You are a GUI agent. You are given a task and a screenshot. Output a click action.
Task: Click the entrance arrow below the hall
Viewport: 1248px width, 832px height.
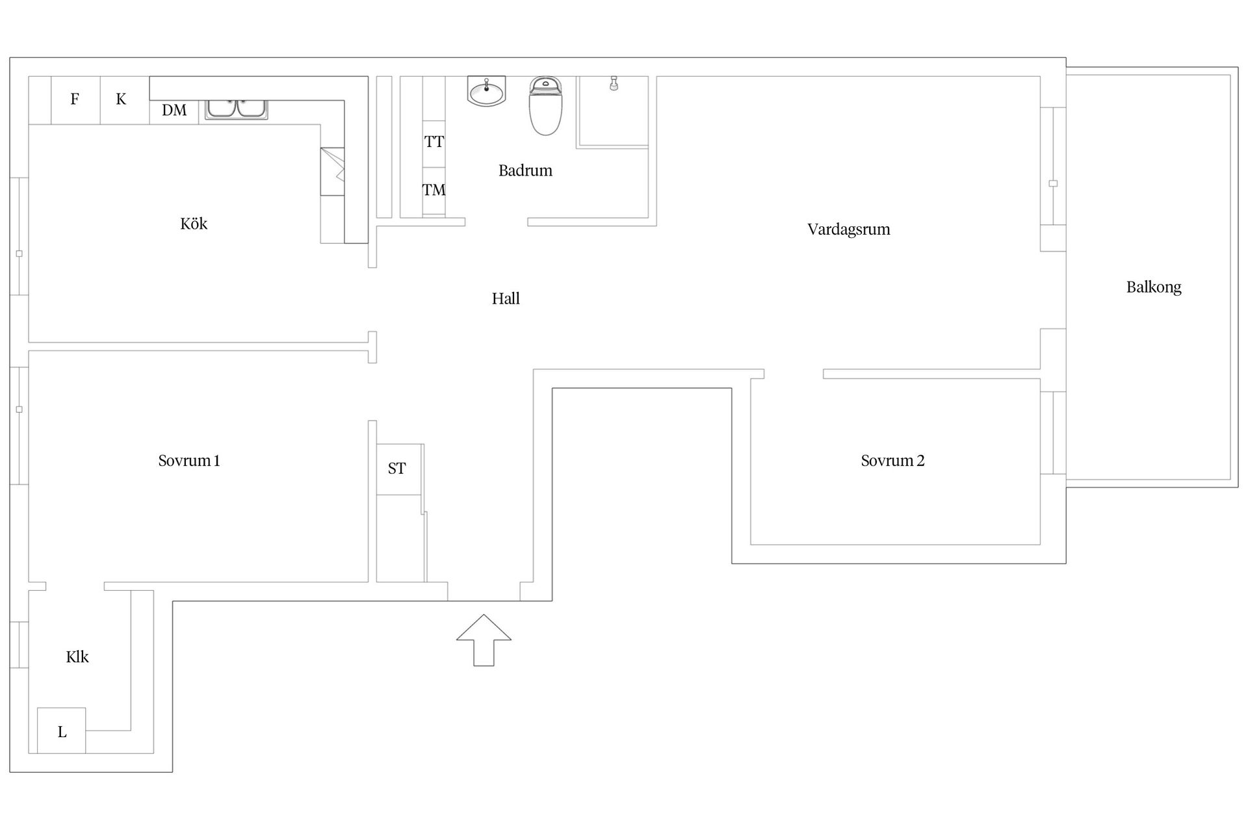pos(484,640)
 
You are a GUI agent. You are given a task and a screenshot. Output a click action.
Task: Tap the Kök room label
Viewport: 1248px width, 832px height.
pos(194,224)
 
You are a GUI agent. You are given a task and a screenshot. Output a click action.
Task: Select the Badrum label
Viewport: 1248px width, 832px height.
pos(525,170)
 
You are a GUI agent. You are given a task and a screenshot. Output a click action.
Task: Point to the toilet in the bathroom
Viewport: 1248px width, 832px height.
pos(545,105)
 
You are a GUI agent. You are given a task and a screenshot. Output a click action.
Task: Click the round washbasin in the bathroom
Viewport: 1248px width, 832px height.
pos(486,92)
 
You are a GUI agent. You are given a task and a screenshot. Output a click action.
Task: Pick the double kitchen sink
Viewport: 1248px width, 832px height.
pos(236,109)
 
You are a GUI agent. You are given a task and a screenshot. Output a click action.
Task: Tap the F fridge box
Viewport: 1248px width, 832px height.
pos(75,99)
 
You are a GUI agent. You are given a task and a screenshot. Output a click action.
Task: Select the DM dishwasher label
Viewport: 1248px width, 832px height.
pos(174,110)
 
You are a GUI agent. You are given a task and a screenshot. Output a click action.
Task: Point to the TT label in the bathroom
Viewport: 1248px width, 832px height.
pos(434,142)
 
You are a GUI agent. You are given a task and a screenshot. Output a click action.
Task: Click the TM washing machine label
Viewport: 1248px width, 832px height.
pos(434,190)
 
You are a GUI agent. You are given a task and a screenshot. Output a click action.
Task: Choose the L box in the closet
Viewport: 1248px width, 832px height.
pos(61,731)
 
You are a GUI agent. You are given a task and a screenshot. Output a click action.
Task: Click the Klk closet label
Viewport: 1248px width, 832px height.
pos(77,657)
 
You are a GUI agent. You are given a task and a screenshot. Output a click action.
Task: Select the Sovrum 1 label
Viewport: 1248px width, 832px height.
pos(189,461)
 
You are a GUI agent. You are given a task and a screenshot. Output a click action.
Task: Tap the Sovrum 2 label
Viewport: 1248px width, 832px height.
pos(892,461)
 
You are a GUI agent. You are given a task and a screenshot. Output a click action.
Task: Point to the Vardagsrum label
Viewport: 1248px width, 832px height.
pos(849,229)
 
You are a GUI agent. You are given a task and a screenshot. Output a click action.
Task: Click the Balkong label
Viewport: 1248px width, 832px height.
pos(1154,287)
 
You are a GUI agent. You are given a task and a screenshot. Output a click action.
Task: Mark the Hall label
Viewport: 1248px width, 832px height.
pos(506,298)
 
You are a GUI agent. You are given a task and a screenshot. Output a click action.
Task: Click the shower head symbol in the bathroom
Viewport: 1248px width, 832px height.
pos(614,84)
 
